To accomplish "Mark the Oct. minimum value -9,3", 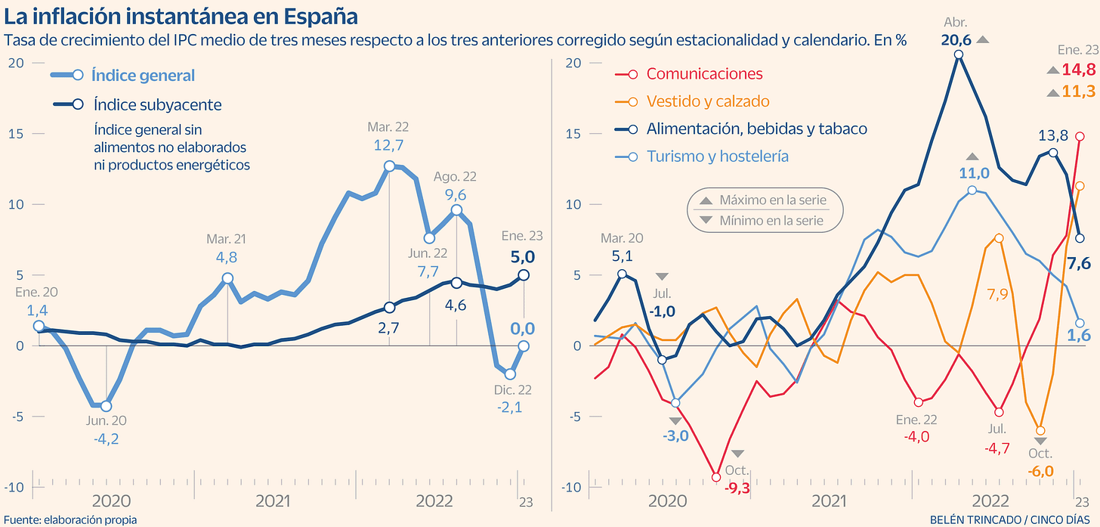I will (737, 488).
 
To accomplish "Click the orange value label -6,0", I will (1040, 471).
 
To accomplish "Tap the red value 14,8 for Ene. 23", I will (1078, 70).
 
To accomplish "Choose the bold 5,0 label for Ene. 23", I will (523, 256).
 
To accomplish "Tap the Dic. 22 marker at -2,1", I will (510, 374).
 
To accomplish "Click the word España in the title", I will (320, 16).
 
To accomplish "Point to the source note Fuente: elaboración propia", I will (69, 519).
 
